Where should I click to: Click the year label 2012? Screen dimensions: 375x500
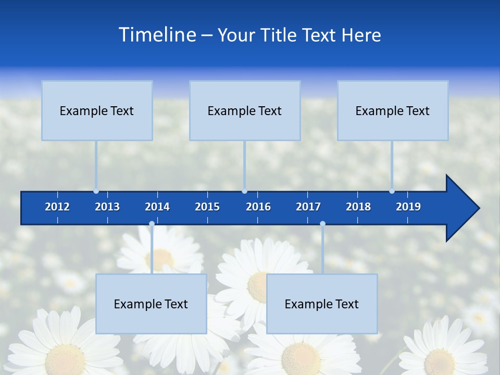pyautogui.click(x=57, y=207)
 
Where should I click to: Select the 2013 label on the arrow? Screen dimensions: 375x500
pyautogui.click(x=107, y=207)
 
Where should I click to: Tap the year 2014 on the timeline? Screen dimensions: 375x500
pyautogui.click(x=157, y=207)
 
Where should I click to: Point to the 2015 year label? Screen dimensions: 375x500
pyautogui.click(x=207, y=207)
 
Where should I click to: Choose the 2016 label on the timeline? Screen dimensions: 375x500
pyautogui.click(x=258, y=207)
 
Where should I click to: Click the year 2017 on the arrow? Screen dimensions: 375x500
pyautogui.click(x=308, y=207)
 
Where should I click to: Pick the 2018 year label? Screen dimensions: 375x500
pyautogui.click(x=358, y=207)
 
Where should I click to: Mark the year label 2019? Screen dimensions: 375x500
pyautogui.click(x=408, y=207)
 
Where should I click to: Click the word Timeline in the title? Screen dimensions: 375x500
pyautogui.click(x=157, y=35)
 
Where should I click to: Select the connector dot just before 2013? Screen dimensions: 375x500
pyautogui.click(x=96, y=191)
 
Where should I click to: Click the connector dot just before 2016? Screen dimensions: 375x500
pyautogui.click(x=244, y=191)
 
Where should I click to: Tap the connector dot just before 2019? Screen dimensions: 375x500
pyautogui.click(x=392, y=191)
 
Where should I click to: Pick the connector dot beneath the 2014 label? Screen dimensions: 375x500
pyautogui.click(x=152, y=224)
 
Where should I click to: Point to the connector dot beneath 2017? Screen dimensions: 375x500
pyautogui.click(x=322, y=224)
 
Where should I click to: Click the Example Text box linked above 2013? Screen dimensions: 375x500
pyautogui.click(x=97, y=111)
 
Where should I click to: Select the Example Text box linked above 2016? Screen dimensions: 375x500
pyautogui.click(x=245, y=111)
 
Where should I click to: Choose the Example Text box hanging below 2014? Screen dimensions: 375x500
pyautogui.click(x=151, y=304)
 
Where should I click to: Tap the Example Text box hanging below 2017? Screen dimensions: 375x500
pyautogui.click(x=322, y=304)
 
